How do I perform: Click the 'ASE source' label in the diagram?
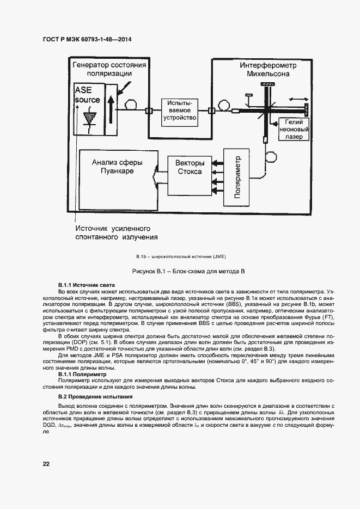tap(87, 95)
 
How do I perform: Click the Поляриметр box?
tap(236, 177)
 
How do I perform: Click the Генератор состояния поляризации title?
tap(109, 69)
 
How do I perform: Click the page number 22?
tap(46, 464)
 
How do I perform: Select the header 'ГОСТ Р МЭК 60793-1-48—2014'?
tap(87, 39)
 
